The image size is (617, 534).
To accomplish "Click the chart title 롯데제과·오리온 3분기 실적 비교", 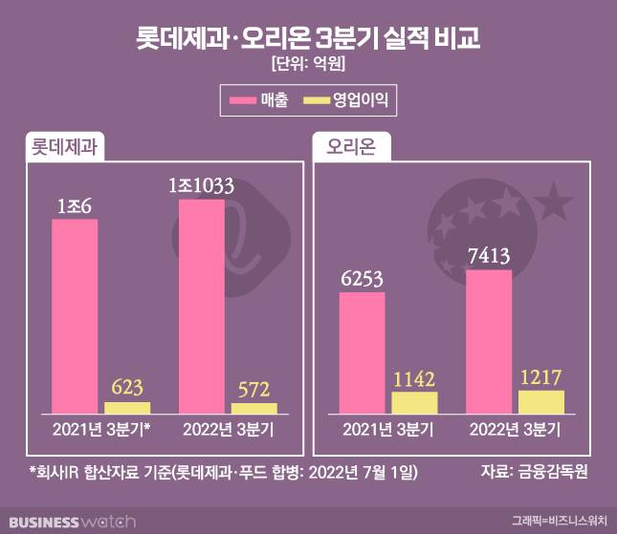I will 308,39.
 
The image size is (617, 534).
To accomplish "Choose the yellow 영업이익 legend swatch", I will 316,98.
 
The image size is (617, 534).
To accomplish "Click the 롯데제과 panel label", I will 65,149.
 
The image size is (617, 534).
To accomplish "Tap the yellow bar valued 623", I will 127,407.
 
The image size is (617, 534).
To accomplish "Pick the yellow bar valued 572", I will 254,408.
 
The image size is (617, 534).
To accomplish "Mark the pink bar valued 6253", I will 363,352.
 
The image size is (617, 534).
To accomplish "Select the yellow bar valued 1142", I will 415,402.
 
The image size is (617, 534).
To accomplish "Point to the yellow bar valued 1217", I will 541,401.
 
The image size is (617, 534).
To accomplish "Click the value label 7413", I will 489,256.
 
